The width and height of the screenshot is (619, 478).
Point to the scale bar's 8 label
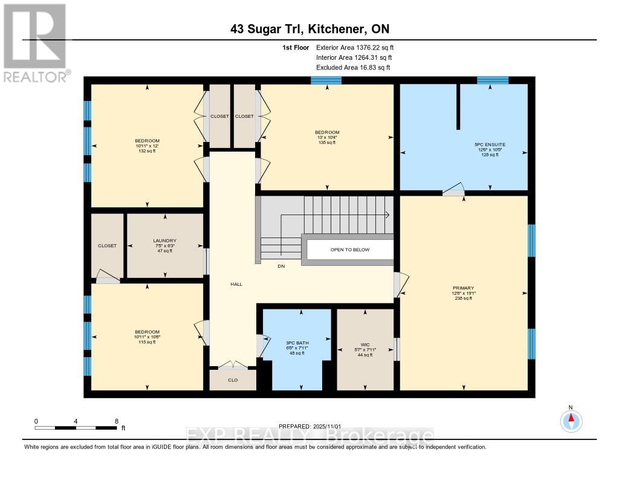(116, 421)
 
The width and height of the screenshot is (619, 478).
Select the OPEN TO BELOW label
(349, 250)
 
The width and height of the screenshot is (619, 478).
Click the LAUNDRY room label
(164, 241)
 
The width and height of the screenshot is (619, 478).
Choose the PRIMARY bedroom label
(463, 288)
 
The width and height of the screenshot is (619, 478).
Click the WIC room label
(365, 344)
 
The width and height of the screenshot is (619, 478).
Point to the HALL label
(236, 284)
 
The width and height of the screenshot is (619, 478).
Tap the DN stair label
(281, 266)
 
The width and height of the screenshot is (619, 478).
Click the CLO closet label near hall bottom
(233, 380)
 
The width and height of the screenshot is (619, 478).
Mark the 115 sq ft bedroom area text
(147, 342)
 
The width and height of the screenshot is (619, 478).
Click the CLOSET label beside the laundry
(107, 246)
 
